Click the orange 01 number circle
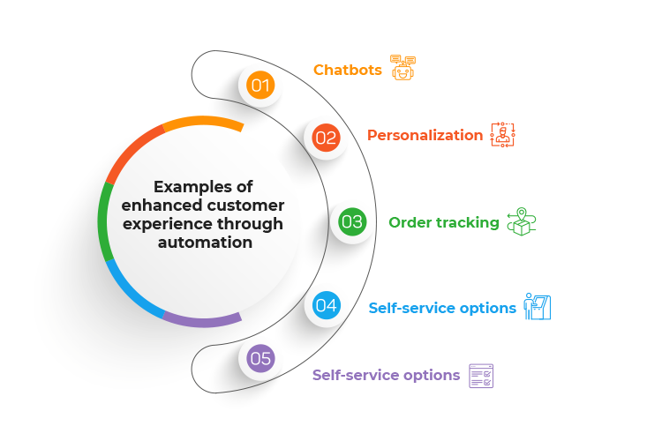point(260,86)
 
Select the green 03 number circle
point(351,222)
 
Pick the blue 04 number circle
point(326,307)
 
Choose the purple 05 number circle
point(260,358)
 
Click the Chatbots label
point(348,70)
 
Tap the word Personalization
point(425,135)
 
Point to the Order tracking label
point(443,222)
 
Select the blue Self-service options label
point(441,308)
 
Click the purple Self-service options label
point(386,375)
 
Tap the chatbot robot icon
point(402,67)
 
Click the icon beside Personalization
point(502,135)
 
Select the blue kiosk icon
point(538,306)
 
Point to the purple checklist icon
point(481,376)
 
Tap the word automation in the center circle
point(203,242)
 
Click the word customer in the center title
point(246,206)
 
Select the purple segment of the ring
point(203,321)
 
